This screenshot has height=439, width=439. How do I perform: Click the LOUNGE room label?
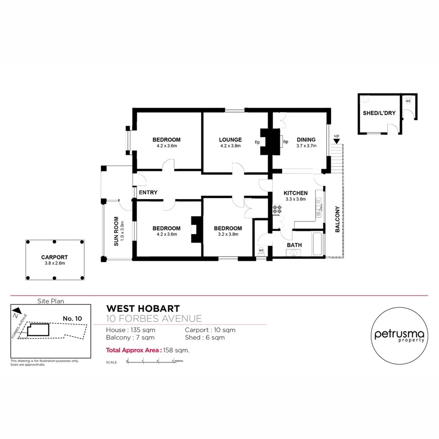point(230,140)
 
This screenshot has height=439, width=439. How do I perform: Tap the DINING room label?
point(306,140)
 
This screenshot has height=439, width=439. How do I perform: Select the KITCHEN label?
point(296,193)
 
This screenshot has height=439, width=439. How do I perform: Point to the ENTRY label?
point(148,193)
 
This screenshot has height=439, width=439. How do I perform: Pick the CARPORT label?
point(54,257)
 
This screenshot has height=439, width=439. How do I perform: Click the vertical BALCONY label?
point(337,219)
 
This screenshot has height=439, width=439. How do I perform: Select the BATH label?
point(294,245)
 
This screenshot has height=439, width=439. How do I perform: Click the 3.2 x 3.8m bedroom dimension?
point(227,234)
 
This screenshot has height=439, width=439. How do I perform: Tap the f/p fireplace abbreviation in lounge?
point(257,142)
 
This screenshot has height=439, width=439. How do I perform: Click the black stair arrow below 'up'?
point(336,140)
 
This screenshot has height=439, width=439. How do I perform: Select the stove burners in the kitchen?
point(278,210)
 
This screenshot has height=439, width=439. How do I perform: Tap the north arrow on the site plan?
point(17,311)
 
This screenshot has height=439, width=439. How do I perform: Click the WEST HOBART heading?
point(143,309)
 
